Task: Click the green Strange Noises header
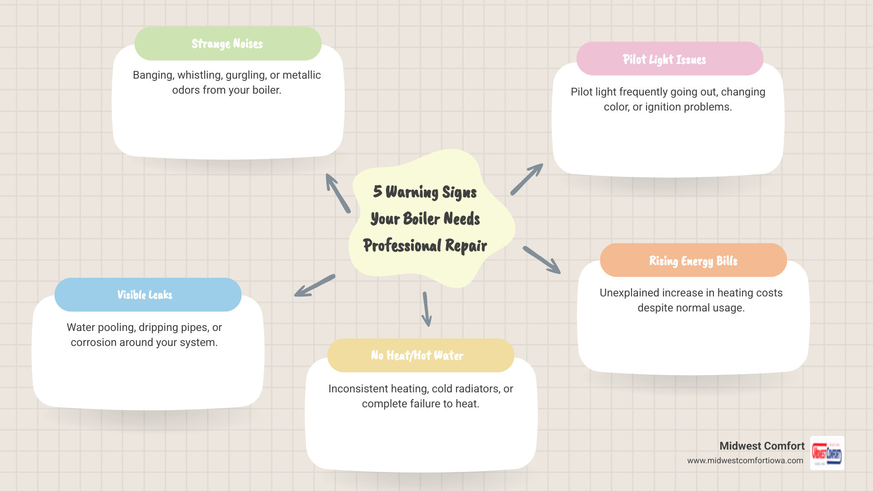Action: (x=228, y=44)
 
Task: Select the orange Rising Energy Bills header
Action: (x=693, y=261)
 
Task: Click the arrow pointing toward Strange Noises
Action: (x=338, y=193)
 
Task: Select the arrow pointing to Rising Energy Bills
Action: (x=542, y=260)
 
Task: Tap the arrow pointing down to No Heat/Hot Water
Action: (x=426, y=309)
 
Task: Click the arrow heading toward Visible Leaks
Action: (x=315, y=286)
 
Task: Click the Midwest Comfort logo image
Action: (x=827, y=453)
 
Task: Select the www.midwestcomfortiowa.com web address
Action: (x=745, y=461)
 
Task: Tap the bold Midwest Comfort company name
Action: (x=762, y=446)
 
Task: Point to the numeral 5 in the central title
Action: (x=377, y=191)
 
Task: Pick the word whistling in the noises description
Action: (x=198, y=75)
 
